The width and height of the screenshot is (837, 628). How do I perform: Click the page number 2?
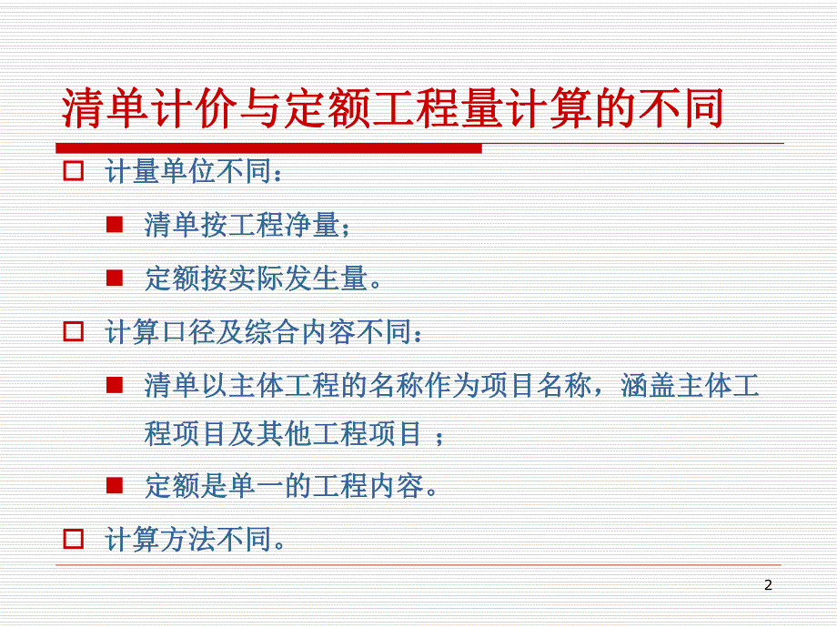coord(768,585)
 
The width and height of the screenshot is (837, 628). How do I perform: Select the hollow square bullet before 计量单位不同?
coord(73,171)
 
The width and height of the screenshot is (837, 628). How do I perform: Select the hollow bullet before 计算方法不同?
coord(73,539)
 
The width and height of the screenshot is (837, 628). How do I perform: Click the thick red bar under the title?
coord(268,147)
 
